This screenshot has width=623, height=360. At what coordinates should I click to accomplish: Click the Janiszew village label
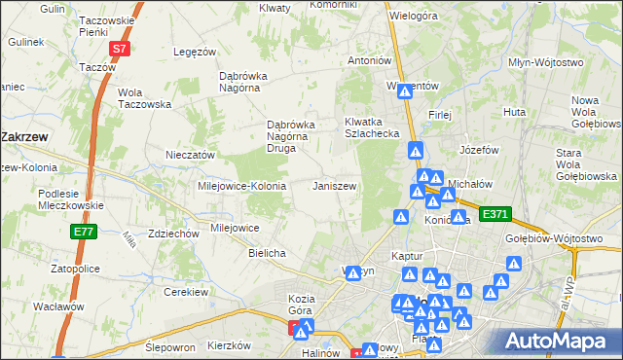(335, 185)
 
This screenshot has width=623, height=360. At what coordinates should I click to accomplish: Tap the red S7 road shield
(118, 47)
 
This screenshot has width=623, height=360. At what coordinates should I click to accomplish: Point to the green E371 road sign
(495, 214)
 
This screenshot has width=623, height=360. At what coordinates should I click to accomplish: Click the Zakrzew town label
(31, 137)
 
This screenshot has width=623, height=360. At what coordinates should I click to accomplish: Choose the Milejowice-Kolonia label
(241, 185)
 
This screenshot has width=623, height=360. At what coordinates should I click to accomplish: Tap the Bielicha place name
(266, 253)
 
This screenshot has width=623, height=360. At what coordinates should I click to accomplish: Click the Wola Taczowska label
(143, 98)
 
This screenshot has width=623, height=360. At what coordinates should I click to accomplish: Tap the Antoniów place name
(370, 60)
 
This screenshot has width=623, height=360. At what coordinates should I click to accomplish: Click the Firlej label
(440, 114)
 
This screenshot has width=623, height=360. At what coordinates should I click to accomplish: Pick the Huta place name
(515, 113)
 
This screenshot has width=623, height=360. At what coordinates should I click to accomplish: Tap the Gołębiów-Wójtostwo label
(566, 236)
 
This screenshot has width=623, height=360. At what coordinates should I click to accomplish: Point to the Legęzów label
(193, 52)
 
